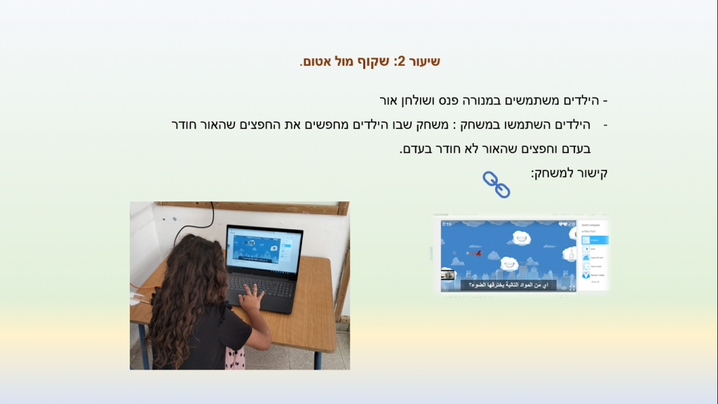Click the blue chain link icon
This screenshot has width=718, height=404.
point(496,184)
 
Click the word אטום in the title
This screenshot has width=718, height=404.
point(316,62)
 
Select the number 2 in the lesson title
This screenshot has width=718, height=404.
point(400,62)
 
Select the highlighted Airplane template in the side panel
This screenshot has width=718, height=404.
point(593,240)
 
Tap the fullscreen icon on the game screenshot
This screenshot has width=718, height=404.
point(573,287)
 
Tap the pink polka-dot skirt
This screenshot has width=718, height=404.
point(235,360)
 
